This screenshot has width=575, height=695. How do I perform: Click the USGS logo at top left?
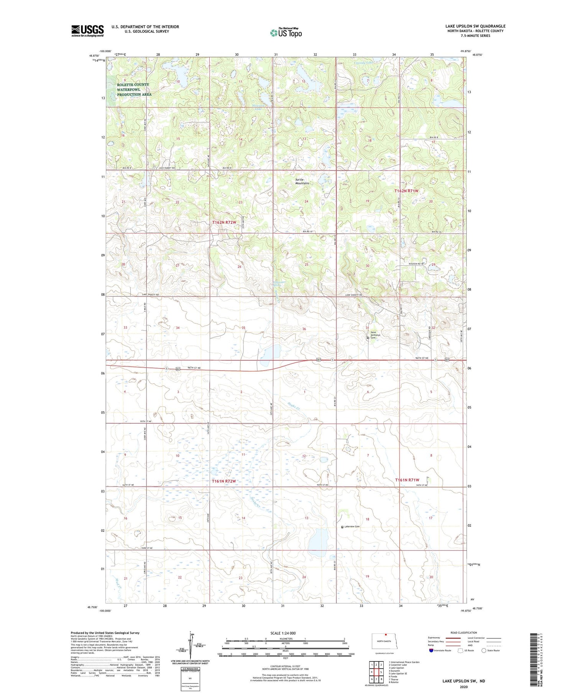(87, 31)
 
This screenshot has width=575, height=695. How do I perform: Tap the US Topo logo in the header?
(286, 33)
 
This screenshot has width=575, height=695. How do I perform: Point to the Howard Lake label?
(258, 108)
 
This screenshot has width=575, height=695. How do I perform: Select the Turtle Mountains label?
(302, 181)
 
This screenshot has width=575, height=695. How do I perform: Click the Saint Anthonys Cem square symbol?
(368, 338)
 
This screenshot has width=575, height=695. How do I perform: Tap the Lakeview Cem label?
(352, 527)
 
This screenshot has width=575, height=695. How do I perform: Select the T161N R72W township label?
(223, 481)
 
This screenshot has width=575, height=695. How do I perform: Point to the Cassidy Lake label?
(363, 62)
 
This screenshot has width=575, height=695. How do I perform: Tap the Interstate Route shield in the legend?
(432, 650)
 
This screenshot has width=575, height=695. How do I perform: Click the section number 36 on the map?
(304, 329)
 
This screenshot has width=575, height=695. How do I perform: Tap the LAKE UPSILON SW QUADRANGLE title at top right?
(475, 26)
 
